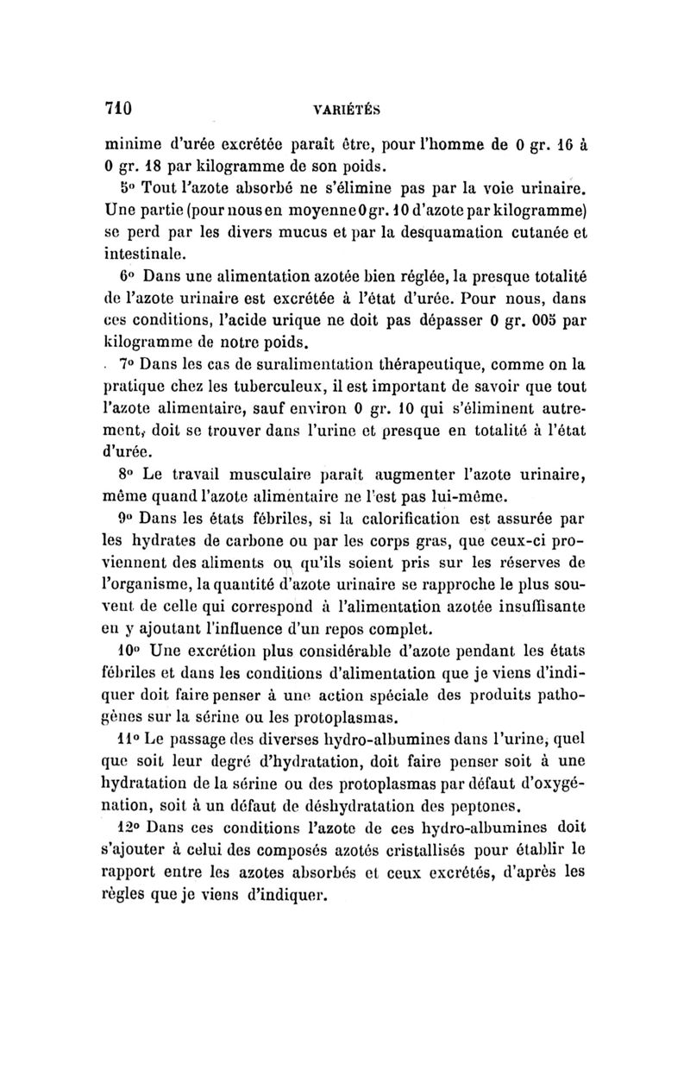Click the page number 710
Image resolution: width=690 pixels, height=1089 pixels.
click(x=116, y=109)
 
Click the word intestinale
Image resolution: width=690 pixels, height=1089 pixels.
click(x=143, y=255)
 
